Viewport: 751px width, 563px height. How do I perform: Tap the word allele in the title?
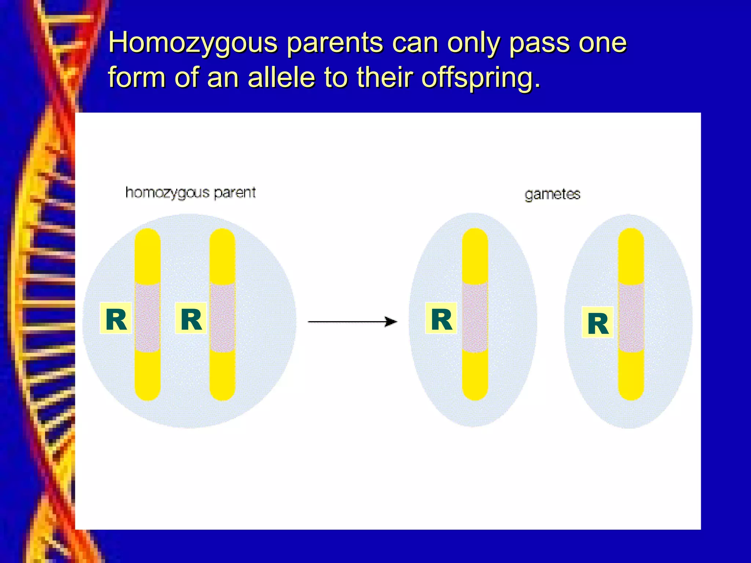(x=281, y=77)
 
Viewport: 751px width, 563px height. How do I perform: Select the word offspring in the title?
(x=481, y=78)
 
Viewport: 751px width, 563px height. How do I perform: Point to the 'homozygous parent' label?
(x=190, y=193)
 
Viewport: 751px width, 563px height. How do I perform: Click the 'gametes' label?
(x=552, y=194)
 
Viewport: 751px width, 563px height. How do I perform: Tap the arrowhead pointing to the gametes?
(x=391, y=322)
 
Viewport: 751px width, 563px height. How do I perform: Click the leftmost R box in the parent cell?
(x=116, y=318)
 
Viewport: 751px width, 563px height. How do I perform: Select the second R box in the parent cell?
(x=191, y=318)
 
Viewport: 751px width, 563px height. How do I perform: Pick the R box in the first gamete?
(x=441, y=318)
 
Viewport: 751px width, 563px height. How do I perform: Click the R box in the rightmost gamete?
(x=597, y=322)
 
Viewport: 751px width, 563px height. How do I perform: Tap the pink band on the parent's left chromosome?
(x=147, y=317)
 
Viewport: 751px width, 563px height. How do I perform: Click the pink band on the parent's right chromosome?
(x=223, y=317)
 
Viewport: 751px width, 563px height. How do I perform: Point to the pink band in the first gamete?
(x=475, y=317)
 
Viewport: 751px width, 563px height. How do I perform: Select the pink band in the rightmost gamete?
(x=631, y=317)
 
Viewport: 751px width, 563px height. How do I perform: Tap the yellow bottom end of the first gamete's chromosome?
(x=475, y=378)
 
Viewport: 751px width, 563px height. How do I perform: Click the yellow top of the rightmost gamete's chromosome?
(x=631, y=253)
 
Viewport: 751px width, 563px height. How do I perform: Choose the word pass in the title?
(x=539, y=43)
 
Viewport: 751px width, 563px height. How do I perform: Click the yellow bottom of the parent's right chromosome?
(x=223, y=378)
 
